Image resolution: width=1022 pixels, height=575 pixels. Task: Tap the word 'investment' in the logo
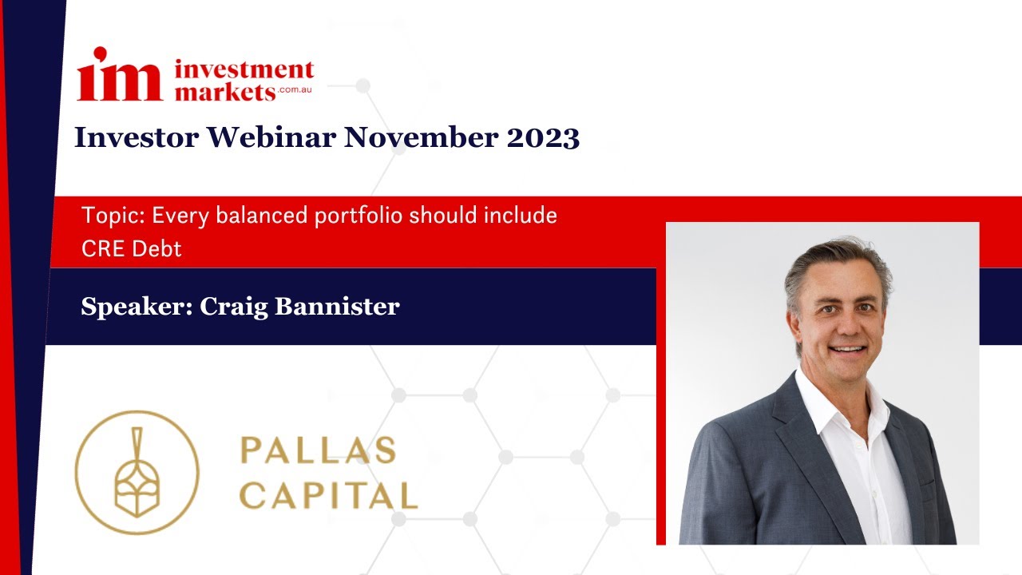[244, 69]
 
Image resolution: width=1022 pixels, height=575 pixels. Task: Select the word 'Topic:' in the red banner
[113, 215]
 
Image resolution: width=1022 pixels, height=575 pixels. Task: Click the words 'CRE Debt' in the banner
[132, 248]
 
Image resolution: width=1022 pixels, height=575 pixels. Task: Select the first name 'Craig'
[230, 306]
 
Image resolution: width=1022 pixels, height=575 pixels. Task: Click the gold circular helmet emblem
[137, 472]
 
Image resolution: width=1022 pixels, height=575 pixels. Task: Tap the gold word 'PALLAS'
[318, 450]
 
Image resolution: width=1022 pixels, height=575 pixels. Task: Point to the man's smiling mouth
[847, 350]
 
